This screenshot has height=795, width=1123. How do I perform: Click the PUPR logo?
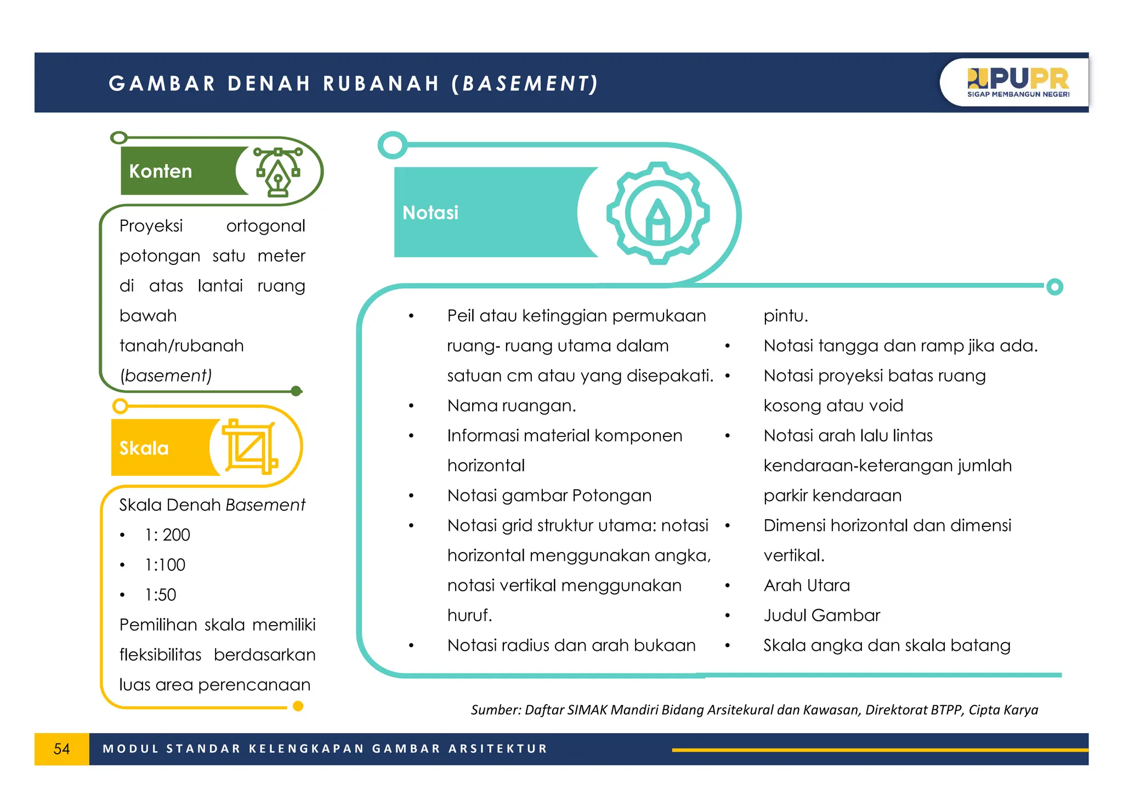tap(1018, 82)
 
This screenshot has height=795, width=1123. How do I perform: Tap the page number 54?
tap(61, 749)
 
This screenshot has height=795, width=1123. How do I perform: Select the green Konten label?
tap(161, 171)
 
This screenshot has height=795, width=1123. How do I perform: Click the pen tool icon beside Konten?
tap(279, 171)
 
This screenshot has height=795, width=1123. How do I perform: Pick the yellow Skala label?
tap(144, 448)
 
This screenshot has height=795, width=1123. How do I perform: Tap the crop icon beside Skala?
tap(249, 447)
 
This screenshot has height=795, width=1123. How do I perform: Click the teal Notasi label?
tap(430, 212)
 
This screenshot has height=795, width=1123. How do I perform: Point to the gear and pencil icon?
tap(658, 213)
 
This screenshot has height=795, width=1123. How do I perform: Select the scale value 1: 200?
tap(167, 535)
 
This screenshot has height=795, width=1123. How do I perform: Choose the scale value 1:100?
tap(165, 565)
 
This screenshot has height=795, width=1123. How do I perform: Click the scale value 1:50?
tap(161, 595)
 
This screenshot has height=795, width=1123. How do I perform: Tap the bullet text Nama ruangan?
tap(512, 406)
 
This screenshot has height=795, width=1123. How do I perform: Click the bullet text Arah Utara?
tap(807, 586)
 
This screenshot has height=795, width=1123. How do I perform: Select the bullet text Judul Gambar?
tap(821, 615)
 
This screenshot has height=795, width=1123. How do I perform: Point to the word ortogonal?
tap(265, 226)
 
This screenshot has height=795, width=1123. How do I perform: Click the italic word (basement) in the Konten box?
tap(166, 376)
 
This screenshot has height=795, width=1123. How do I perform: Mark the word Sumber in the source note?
tap(495, 710)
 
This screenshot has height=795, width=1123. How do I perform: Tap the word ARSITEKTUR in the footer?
tap(498, 749)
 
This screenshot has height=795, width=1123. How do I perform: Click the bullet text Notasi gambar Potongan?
tap(549, 496)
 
